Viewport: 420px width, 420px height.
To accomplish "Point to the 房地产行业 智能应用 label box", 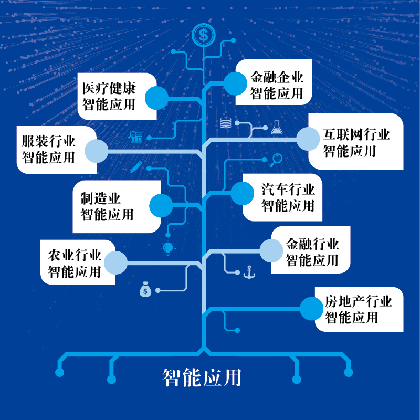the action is pos(357,310).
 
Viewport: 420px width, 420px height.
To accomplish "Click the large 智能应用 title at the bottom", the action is pos(202,377).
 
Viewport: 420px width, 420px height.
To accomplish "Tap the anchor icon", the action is pos(249,272).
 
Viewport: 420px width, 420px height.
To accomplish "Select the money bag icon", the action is pos(145,289).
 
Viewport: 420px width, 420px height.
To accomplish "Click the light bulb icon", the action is pos(168,248).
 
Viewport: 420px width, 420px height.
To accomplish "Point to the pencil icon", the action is pos(136,167).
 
